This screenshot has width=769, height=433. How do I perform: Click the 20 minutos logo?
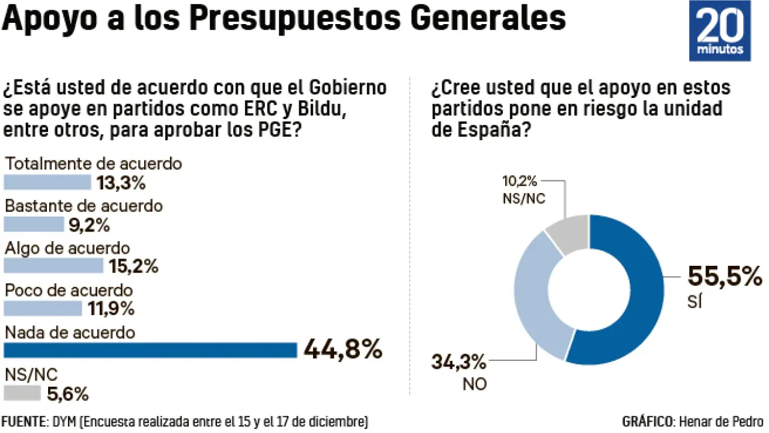tap(720, 31)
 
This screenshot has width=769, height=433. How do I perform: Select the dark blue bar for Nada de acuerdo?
tap(150, 350)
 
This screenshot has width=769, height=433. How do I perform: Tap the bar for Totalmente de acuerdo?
tap(47, 182)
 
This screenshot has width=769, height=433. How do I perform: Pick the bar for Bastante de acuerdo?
tap(34, 224)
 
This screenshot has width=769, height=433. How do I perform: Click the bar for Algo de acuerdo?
tap(53, 266)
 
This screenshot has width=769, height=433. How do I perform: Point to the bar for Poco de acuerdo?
tap(43, 309)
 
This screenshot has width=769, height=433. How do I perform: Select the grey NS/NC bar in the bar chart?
tap(22, 393)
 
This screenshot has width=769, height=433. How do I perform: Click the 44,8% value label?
tap(343, 349)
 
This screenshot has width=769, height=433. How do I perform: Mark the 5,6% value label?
tap(67, 395)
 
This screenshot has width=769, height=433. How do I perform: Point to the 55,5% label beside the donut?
tap(724, 277)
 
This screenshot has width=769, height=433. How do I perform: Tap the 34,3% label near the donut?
tap(458, 362)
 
